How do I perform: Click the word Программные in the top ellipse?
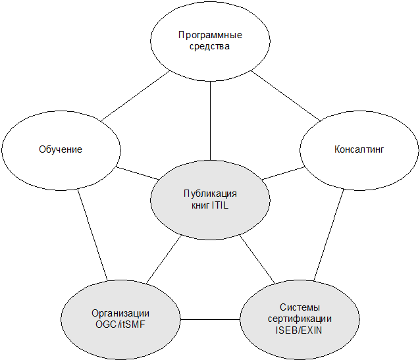coord(211,34)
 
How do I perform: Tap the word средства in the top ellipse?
coord(211,47)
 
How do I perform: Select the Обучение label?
coord(60,149)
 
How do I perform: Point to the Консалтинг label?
coord(359,149)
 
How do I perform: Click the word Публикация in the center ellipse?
coord(210,193)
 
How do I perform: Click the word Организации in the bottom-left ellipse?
coord(121,313)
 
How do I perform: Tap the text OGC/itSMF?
coord(121,324)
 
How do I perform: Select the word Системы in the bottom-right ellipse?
coord(300,307)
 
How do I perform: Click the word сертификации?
coord(300,319)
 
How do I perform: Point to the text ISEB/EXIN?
coord(300,330)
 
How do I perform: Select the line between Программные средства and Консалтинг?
coord(286,96)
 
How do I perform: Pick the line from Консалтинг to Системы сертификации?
coord(330,233)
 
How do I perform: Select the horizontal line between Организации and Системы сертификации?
coord(210,320)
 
